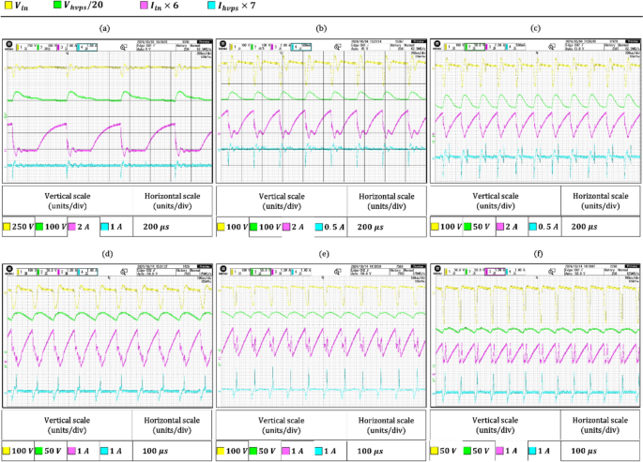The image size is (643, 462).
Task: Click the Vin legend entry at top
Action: click(20, 7)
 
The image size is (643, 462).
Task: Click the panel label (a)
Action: click(104, 28)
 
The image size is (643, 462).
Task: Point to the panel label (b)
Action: click(322, 28)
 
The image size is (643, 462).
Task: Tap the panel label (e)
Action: click(322, 254)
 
